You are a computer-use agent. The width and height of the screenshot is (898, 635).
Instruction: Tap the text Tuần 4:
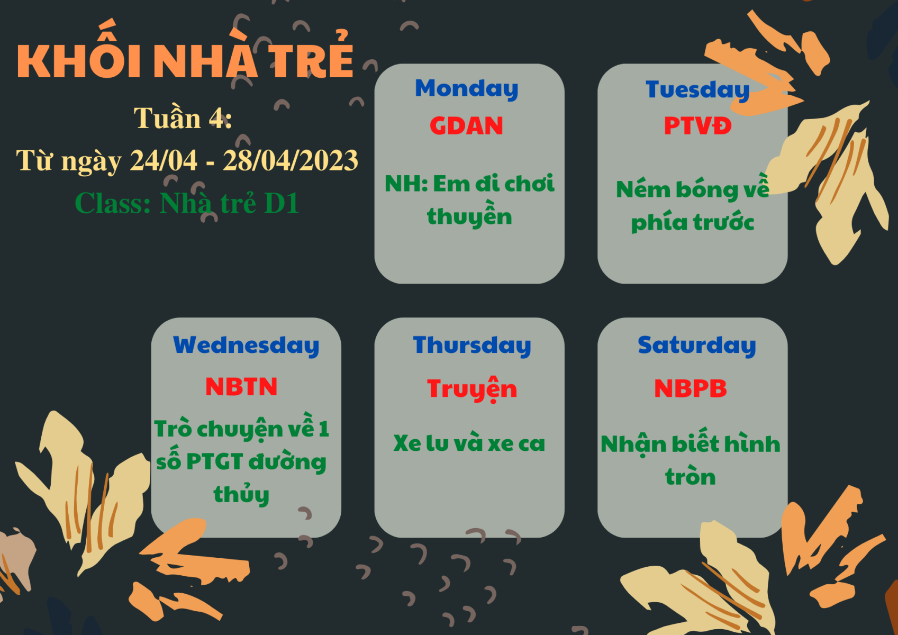183,118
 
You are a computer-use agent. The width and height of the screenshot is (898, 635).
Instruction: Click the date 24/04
164,160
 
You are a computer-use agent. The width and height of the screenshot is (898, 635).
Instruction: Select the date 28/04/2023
290,160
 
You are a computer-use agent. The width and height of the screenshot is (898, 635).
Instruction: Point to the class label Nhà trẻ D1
229,203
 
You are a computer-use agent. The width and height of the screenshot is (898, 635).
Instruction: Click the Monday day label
467,88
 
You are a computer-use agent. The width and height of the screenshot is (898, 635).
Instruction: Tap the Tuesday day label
697,90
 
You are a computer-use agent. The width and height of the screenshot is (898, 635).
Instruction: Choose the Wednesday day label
246,345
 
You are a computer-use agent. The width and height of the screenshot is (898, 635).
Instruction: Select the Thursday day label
472,345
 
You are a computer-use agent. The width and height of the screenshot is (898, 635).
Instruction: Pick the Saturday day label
697,345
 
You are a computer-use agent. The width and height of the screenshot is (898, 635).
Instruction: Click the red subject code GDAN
466,125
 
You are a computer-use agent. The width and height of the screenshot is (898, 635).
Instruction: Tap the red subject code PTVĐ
697,125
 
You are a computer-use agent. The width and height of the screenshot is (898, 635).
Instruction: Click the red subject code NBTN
241,386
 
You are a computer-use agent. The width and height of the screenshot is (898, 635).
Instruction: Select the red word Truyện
472,389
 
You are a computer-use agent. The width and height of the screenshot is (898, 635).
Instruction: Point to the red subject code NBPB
691,388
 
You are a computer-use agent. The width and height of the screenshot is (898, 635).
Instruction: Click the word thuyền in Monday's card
469,216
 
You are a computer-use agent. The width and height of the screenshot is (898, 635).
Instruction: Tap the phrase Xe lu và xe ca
469,443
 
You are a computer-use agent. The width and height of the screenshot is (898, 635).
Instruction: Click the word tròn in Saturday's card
691,477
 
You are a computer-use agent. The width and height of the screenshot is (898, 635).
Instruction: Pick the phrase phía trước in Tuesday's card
693,222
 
